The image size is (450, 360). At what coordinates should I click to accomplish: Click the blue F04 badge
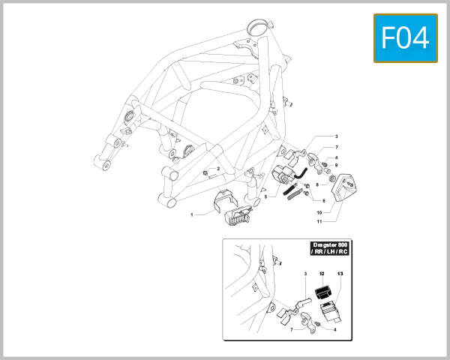(x=405, y=37)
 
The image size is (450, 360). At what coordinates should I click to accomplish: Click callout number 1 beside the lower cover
(x=191, y=215)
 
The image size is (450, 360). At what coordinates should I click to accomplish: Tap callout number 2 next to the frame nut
(x=218, y=169)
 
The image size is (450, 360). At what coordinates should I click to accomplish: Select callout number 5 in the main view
(x=265, y=196)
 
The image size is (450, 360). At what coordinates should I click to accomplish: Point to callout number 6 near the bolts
(x=323, y=200)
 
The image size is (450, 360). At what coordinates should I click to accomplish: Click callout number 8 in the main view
(x=316, y=184)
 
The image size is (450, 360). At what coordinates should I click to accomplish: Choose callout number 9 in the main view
(x=337, y=165)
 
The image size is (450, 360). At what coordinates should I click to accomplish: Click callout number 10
(x=318, y=213)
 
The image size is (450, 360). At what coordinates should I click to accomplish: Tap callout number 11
(x=318, y=223)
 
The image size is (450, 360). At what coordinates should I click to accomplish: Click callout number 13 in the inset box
(x=340, y=275)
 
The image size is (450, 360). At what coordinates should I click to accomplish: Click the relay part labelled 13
(x=328, y=310)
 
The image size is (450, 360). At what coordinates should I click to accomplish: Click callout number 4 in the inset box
(x=334, y=328)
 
